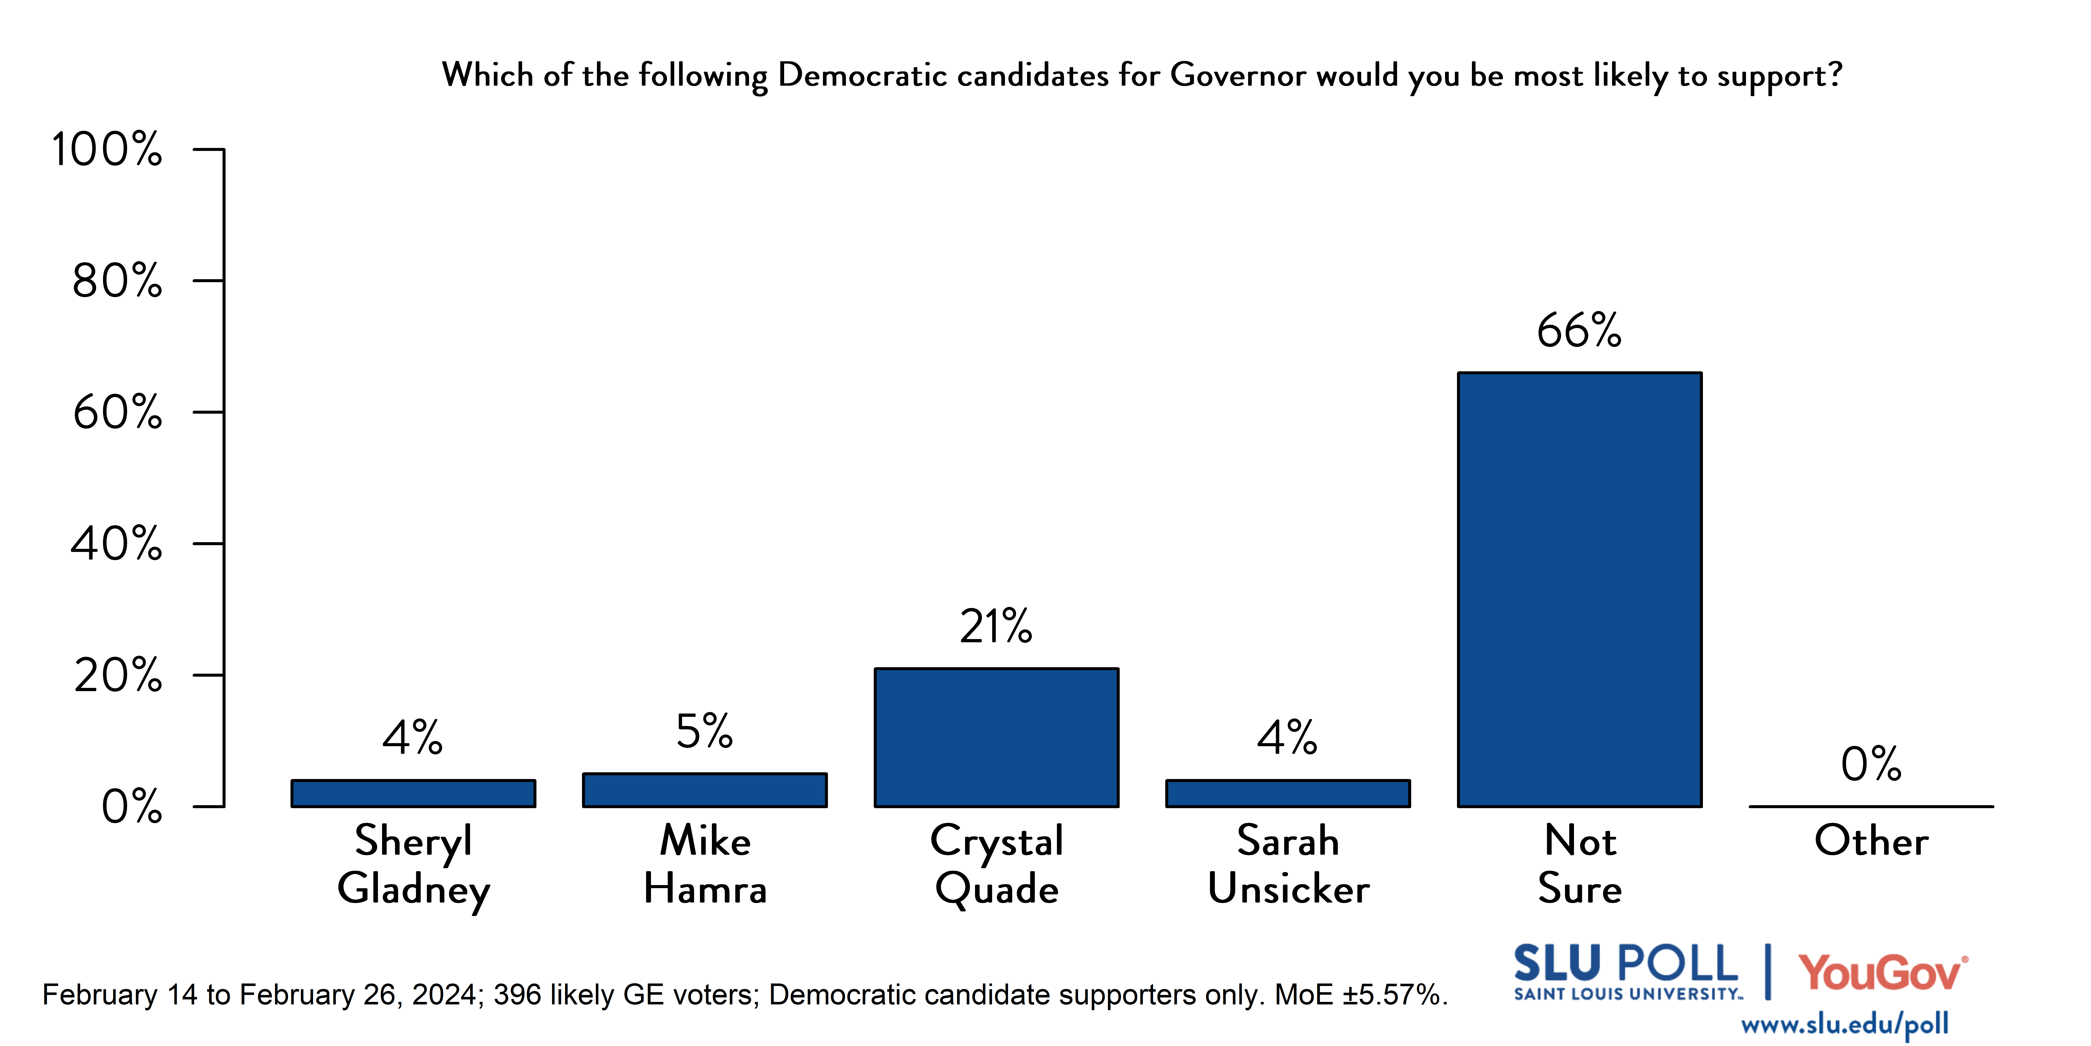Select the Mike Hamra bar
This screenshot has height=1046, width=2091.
point(704,790)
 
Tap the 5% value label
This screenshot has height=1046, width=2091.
point(704,732)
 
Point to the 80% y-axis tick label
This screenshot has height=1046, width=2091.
point(117,281)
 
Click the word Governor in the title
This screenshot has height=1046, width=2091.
point(1238,75)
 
